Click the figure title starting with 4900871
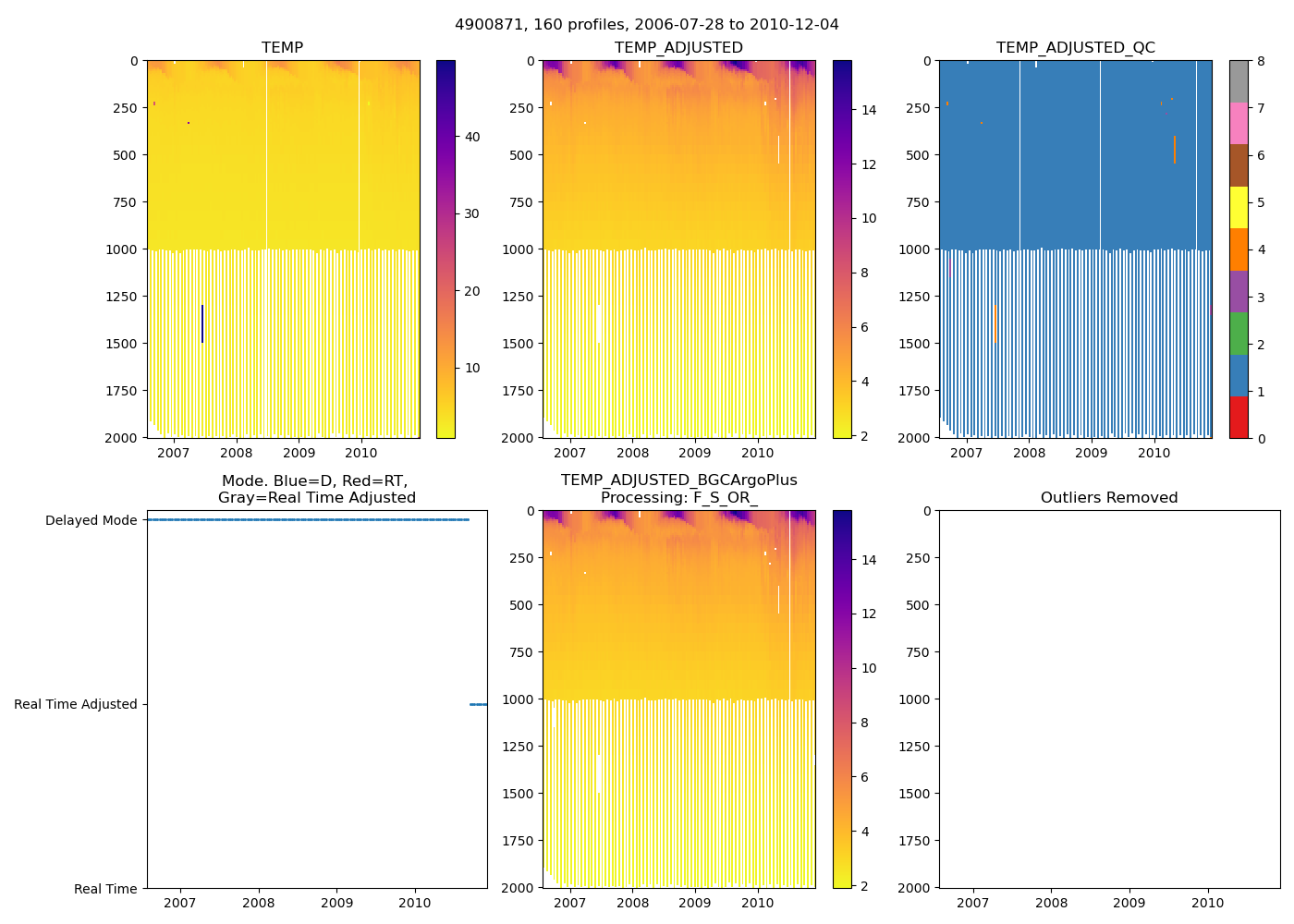[x=647, y=25]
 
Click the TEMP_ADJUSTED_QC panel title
[x=1075, y=48]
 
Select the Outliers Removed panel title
[x=1109, y=498]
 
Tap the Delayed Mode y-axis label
[x=91, y=520]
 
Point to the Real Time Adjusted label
[x=75, y=704]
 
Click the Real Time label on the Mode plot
[x=105, y=889]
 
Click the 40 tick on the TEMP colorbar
[x=472, y=137]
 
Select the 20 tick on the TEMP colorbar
[x=472, y=291]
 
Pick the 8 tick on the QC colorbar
[x=1261, y=61]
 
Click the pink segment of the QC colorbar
[x=1239, y=123]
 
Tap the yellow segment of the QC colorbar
[x=1239, y=207]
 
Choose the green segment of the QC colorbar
[x=1239, y=333]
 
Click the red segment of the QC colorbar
[x=1239, y=417]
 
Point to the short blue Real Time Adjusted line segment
[x=478, y=704]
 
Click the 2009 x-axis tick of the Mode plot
[x=336, y=903]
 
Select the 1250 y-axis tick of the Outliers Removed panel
[x=916, y=747]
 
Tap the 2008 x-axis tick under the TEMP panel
[x=236, y=453]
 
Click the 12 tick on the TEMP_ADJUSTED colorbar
[x=869, y=164]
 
